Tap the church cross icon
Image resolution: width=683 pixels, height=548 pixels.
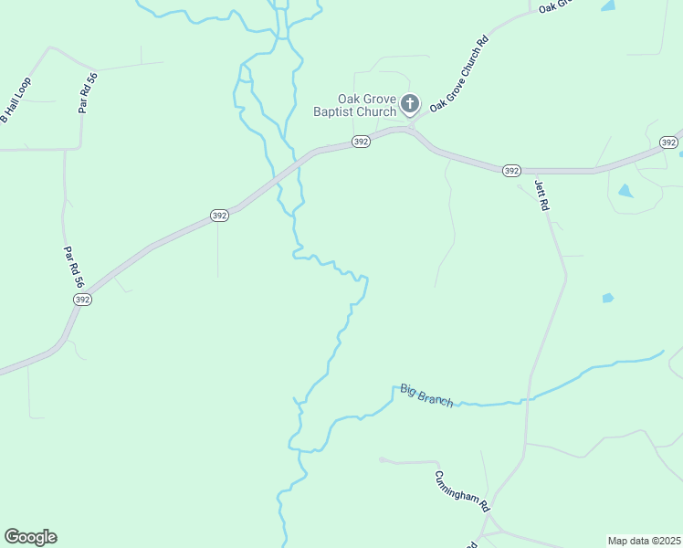coord(410,104)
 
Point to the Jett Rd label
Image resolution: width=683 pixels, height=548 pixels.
coord(542,195)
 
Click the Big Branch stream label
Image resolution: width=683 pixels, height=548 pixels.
coord(426,395)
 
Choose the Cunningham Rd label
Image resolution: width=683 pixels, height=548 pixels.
coord(463,490)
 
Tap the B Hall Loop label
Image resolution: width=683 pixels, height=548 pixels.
coord(16,100)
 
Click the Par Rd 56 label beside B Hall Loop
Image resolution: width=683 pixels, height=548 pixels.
coord(88,93)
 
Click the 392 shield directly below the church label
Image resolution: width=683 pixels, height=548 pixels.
coord(362,142)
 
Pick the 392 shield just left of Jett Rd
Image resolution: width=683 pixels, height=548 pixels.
coord(511,171)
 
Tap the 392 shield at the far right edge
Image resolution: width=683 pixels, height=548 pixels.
coord(668,142)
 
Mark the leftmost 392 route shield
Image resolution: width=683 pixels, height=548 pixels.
coord(82,299)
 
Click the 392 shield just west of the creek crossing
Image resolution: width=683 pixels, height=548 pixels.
coord(219,216)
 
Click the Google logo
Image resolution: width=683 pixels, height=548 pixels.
coord(30,537)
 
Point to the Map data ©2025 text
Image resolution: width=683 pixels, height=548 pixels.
coord(644,541)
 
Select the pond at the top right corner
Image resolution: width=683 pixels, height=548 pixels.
coord(608,5)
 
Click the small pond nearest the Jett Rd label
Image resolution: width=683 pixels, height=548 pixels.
coord(625,191)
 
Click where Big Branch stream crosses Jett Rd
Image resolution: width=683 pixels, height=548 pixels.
coord(527,399)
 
